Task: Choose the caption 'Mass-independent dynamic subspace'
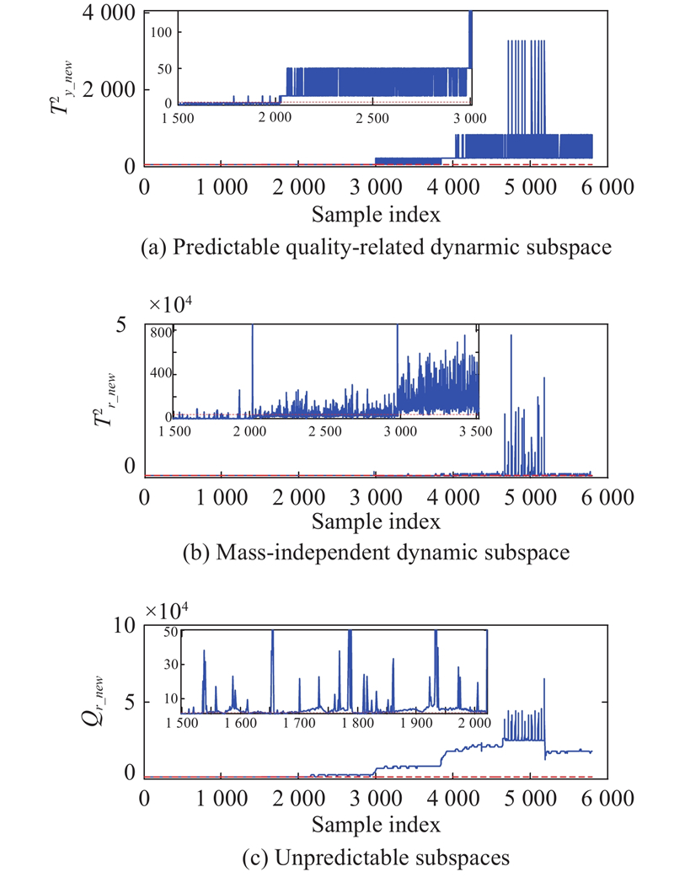(375, 554)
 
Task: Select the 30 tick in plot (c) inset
(169, 665)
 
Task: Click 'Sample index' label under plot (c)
(375, 824)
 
